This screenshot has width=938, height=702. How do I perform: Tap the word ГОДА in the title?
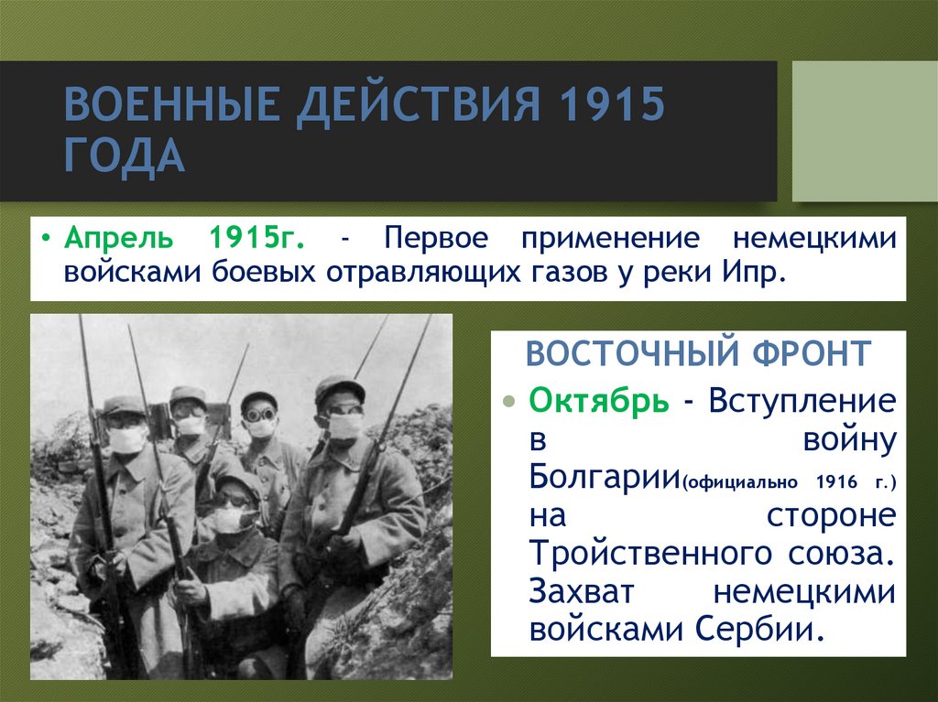pyautogui.click(x=125, y=157)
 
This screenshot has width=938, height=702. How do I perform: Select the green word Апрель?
pyautogui.click(x=118, y=240)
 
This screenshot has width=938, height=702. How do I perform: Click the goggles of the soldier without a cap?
pyautogui.click(x=260, y=415)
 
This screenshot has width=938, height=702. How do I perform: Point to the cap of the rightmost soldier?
pyautogui.click(x=339, y=388)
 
